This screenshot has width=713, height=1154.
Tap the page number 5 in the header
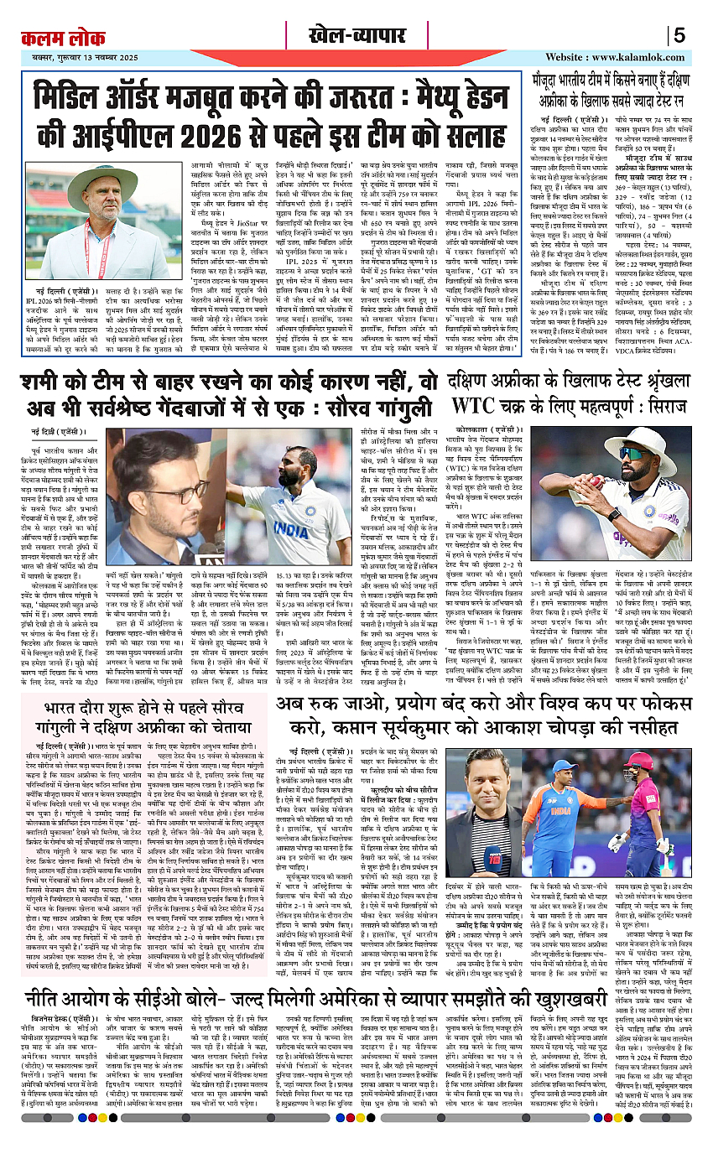click(679, 35)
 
